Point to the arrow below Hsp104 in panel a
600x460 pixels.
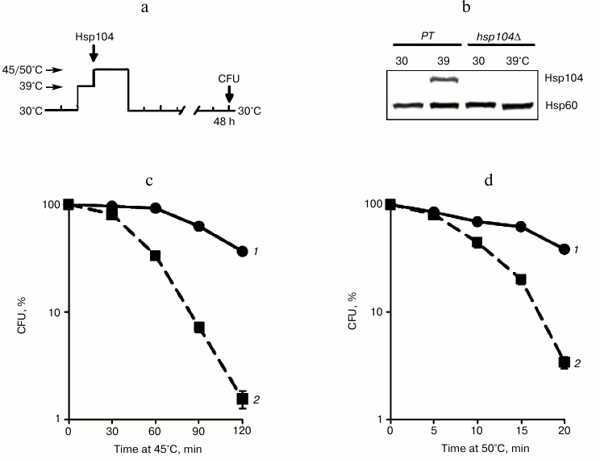[94, 52]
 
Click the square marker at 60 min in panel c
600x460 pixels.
[156, 256]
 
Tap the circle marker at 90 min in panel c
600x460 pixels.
[199, 226]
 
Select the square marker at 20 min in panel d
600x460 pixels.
[565, 362]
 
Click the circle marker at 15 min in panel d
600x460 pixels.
[521, 227]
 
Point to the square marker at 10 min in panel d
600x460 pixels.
[477, 242]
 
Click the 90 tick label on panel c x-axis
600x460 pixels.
[199, 433]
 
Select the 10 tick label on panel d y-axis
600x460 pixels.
[375, 312]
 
